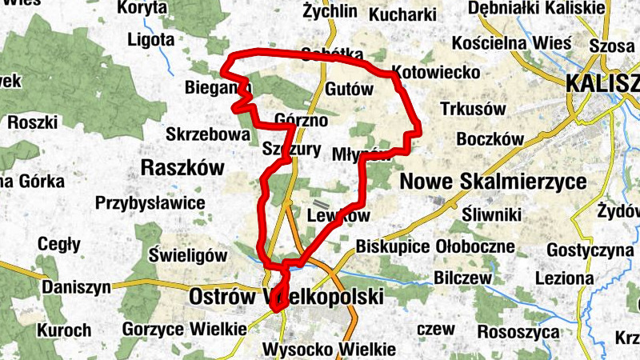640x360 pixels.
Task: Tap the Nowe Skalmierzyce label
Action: click(492, 182)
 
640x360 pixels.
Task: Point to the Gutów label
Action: click(350, 90)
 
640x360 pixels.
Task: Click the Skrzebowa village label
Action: click(208, 134)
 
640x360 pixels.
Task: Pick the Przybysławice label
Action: click(150, 202)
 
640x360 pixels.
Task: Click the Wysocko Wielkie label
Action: click(329, 350)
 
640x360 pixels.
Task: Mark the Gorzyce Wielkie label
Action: click(184, 329)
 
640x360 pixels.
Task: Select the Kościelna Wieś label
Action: click(511, 42)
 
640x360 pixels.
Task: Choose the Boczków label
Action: click(490, 139)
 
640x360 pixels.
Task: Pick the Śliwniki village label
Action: click(492, 214)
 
